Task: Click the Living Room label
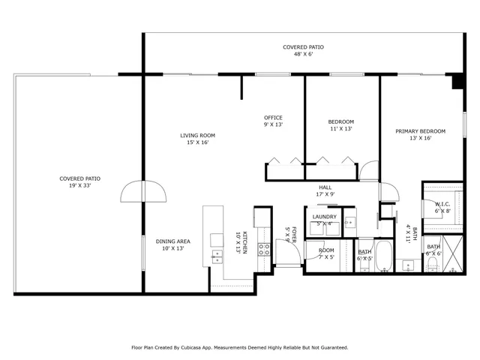[x=197, y=136]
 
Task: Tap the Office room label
[x=273, y=118]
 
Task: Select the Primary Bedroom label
[x=420, y=131]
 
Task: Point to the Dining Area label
[x=172, y=241]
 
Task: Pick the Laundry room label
[x=325, y=217]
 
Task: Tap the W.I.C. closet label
[x=442, y=204]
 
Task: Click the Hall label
[x=325, y=187]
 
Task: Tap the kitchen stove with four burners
[x=264, y=250]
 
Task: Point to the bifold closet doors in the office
[x=284, y=160]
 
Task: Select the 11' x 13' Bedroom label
[x=340, y=125]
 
